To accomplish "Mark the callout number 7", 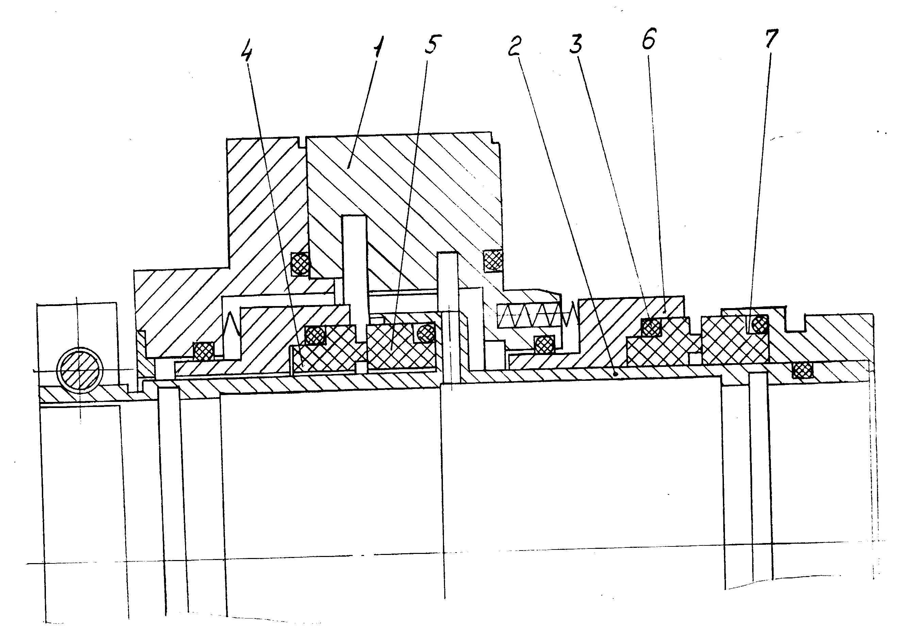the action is tap(771, 39).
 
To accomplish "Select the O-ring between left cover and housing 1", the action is tap(300, 263).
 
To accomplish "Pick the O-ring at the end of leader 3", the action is tap(651, 327).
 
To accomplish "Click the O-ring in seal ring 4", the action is tap(315, 336).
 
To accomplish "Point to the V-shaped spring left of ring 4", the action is tap(232, 328).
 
